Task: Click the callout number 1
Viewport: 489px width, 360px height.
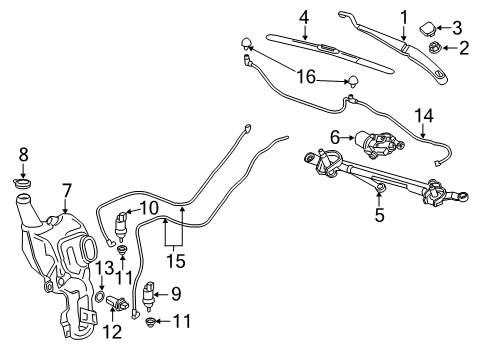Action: point(404,16)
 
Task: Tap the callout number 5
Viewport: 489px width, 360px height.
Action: point(378,213)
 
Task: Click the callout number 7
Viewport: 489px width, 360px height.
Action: point(66,189)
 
